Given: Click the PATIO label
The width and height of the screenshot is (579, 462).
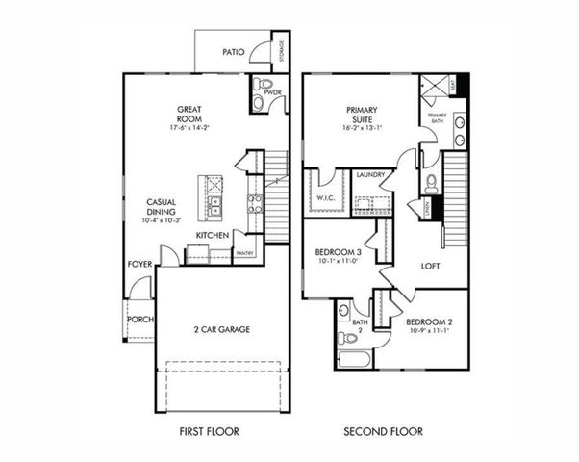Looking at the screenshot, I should pos(233,52).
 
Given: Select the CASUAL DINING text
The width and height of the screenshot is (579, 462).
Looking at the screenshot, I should pos(161,206).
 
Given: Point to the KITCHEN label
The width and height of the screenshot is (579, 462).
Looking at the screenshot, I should pos(212,235).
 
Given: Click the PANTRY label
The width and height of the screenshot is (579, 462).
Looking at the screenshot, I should pos(244,253).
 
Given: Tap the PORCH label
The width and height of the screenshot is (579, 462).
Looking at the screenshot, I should pos(139,319).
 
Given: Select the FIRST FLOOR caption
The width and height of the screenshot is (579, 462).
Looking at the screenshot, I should pos(210,432).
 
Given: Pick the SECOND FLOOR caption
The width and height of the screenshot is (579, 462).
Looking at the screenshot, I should pos(383,432).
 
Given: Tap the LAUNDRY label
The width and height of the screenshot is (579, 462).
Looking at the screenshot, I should pos(370,176).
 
